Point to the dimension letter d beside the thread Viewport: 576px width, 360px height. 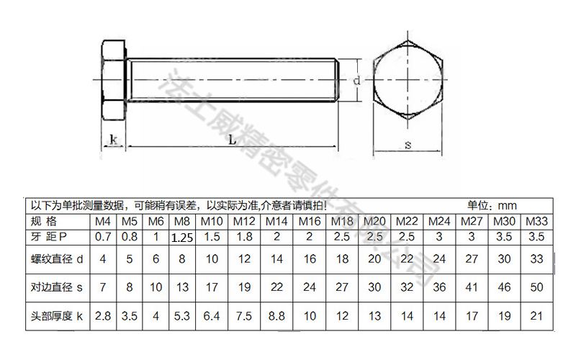tap(356, 81)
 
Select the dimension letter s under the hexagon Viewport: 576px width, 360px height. tap(408, 145)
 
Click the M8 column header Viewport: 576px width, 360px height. tap(183, 221)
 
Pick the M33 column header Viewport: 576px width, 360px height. tap(536, 221)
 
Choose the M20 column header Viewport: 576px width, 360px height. tap(374, 221)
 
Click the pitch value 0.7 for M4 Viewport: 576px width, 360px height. tap(103, 236)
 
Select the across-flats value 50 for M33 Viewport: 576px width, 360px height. tap(536, 287)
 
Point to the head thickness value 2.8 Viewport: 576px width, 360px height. tap(103, 315)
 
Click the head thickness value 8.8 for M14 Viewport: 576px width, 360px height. tap(277, 315)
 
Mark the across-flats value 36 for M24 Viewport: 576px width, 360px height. tap(440, 287)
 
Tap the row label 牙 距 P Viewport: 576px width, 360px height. tap(48, 236)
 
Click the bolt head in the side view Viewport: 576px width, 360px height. tap(113, 81)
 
